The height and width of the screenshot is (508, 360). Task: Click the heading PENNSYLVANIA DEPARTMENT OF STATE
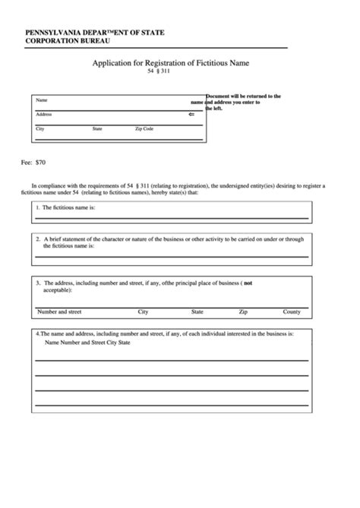pyautogui.click(x=94, y=32)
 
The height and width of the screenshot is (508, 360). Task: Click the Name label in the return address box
pyautogui.click(x=42, y=100)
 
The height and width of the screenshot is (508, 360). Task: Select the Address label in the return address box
pyautogui.click(x=44, y=115)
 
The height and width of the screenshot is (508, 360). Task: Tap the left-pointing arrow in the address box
pyautogui.click(x=191, y=115)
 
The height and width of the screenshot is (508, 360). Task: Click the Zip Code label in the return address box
pyautogui.click(x=144, y=130)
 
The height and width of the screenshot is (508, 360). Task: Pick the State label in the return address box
pyautogui.click(x=97, y=130)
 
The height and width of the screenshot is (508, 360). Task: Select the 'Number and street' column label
pyautogui.click(x=59, y=311)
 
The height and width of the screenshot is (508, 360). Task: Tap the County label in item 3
pyautogui.click(x=292, y=311)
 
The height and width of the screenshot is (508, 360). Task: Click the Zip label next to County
pyautogui.click(x=243, y=311)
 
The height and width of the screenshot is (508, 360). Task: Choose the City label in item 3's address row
pyautogui.click(x=143, y=311)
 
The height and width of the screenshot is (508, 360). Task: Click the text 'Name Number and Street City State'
pyautogui.click(x=87, y=342)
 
